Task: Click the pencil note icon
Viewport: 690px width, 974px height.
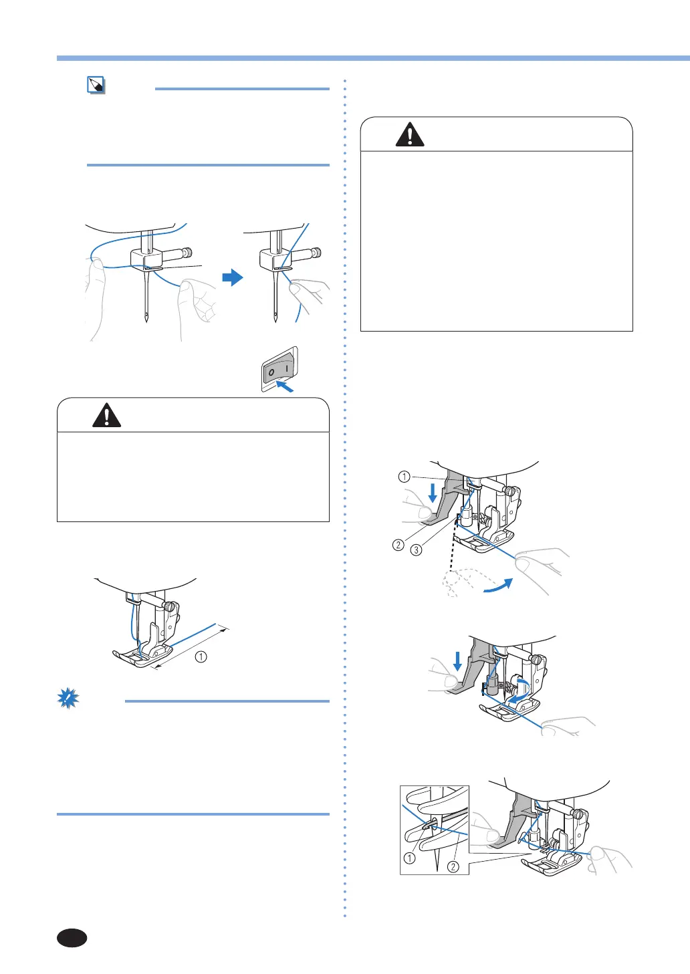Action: [x=96, y=86]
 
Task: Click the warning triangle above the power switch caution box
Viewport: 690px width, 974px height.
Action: [x=106, y=416]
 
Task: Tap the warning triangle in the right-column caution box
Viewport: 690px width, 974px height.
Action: [x=410, y=135]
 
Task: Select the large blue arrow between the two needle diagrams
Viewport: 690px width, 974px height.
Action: [x=232, y=277]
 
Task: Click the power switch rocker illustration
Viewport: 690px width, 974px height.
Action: [x=279, y=368]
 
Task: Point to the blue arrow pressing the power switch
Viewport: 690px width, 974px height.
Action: [x=285, y=386]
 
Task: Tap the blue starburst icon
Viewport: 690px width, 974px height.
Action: [x=68, y=699]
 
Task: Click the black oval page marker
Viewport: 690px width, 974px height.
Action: [x=72, y=938]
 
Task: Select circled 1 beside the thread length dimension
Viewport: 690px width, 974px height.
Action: [x=201, y=656]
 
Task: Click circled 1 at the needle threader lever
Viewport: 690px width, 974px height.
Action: [x=404, y=477]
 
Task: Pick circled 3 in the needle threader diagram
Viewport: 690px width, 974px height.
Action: [x=416, y=550]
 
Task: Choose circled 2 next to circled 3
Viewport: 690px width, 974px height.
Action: [x=398, y=545]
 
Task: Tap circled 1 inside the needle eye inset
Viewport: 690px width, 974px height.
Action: [x=410, y=858]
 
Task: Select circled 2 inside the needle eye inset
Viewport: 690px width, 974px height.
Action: [x=453, y=866]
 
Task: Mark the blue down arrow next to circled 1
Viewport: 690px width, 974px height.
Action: [x=433, y=493]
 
